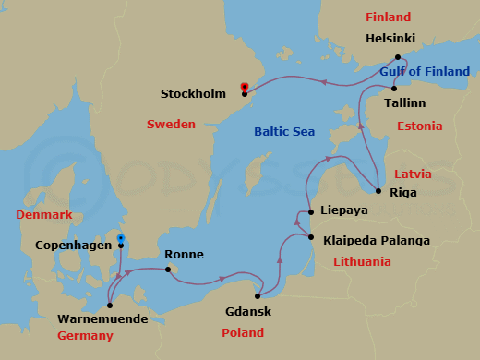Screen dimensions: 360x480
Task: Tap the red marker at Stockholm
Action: click(x=244, y=88)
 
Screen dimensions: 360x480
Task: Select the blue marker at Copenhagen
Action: click(x=121, y=239)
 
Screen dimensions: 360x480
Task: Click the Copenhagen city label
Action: click(x=73, y=246)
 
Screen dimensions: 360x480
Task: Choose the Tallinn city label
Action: click(x=404, y=102)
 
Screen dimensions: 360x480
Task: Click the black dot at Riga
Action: click(x=378, y=192)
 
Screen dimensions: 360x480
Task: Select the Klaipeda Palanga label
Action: click(x=377, y=241)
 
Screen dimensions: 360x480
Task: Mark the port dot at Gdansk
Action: click(x=258, y=296)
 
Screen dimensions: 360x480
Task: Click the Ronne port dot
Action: click(x=168, y=270)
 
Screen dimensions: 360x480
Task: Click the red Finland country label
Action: click(x=388, y=18)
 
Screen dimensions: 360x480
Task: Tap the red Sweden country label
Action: click(x=171, y=124)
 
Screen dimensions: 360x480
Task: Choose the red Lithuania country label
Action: click(x=361, y=262)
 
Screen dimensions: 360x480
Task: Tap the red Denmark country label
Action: click(x=43, y=215)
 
